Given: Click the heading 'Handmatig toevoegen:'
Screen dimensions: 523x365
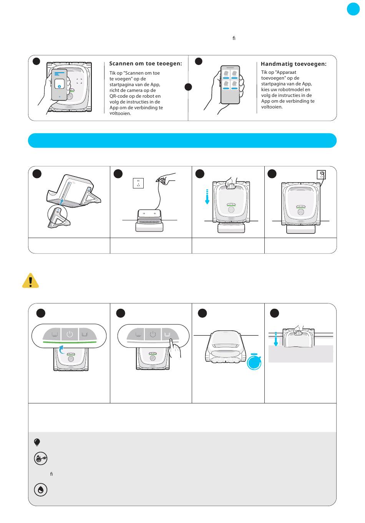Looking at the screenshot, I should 294,64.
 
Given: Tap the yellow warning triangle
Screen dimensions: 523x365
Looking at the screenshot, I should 30,281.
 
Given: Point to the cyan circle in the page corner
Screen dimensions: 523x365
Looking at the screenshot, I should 353,9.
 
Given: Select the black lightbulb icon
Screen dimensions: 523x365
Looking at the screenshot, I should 37,442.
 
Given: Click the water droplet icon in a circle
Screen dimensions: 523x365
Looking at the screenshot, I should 41,490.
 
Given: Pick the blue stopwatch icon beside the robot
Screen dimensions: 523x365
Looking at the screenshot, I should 254,362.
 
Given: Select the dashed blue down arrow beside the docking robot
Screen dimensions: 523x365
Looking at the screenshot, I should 207,197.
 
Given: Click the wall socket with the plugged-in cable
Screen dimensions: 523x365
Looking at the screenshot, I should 321,175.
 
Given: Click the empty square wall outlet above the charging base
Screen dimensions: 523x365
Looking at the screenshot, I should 138,183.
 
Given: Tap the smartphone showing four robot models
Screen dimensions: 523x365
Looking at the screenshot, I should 230,85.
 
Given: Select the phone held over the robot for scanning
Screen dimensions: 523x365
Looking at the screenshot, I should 59,85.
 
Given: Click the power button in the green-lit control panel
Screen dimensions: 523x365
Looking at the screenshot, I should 70,334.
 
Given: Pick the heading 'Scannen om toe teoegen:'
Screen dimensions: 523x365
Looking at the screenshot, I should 146,63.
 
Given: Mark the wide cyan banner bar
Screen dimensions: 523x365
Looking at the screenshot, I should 182,140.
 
